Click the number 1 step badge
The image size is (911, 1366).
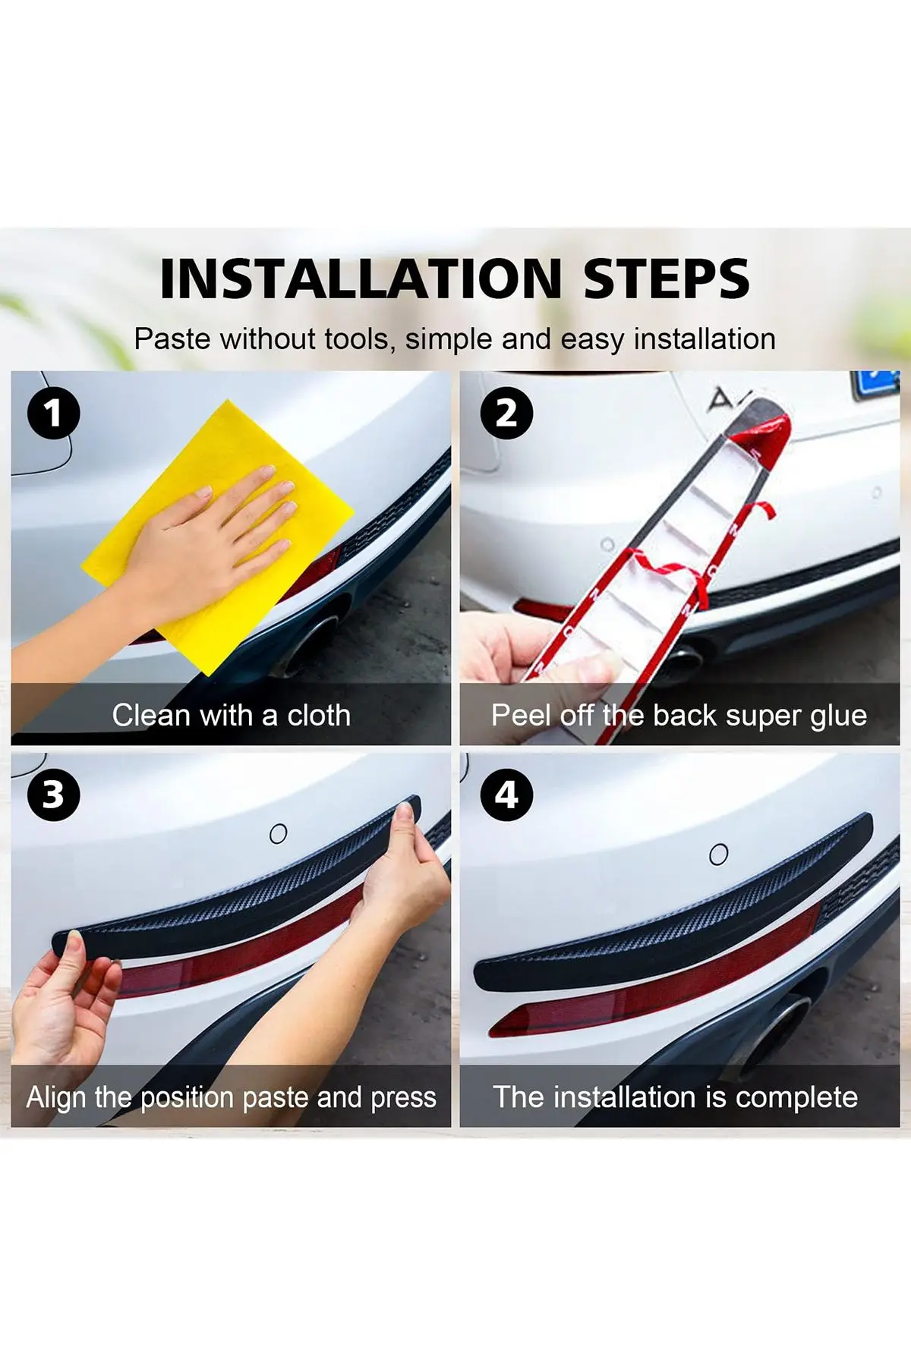[x=53, y=414]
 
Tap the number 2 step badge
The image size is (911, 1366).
[x=506, y=414]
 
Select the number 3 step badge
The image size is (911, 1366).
[x=53, y=795]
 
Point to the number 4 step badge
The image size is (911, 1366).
[x=506, y=795]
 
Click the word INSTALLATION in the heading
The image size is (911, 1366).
[x=361, y=279]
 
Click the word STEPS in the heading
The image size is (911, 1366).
[x=667, y=279]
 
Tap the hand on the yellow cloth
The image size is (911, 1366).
[x=205, y=543]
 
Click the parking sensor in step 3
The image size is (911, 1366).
[x=279, y=833]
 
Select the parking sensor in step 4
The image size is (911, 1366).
[x=718, y=855]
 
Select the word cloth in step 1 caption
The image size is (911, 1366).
[x=319, y=715]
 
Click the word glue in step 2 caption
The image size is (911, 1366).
[x=838, y=716]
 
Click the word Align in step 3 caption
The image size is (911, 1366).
[x=56, y=1098]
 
